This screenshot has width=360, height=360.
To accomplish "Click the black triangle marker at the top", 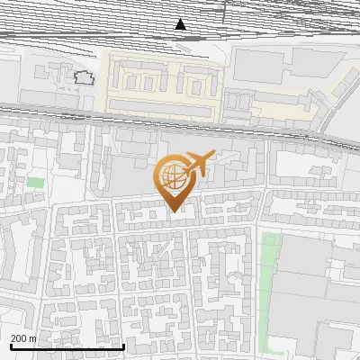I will (x=182, y=24).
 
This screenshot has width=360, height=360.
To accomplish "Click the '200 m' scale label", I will (x=23, y=337).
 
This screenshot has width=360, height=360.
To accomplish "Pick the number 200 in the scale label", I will (x=19, y=337).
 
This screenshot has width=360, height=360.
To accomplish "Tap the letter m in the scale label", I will (x=33, y=337).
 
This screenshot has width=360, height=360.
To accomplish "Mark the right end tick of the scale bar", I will (x=123, y=345).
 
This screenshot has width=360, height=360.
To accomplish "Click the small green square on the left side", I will (x=35, y=183).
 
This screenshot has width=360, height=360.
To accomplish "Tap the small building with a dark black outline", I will (x=84, y=77).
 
